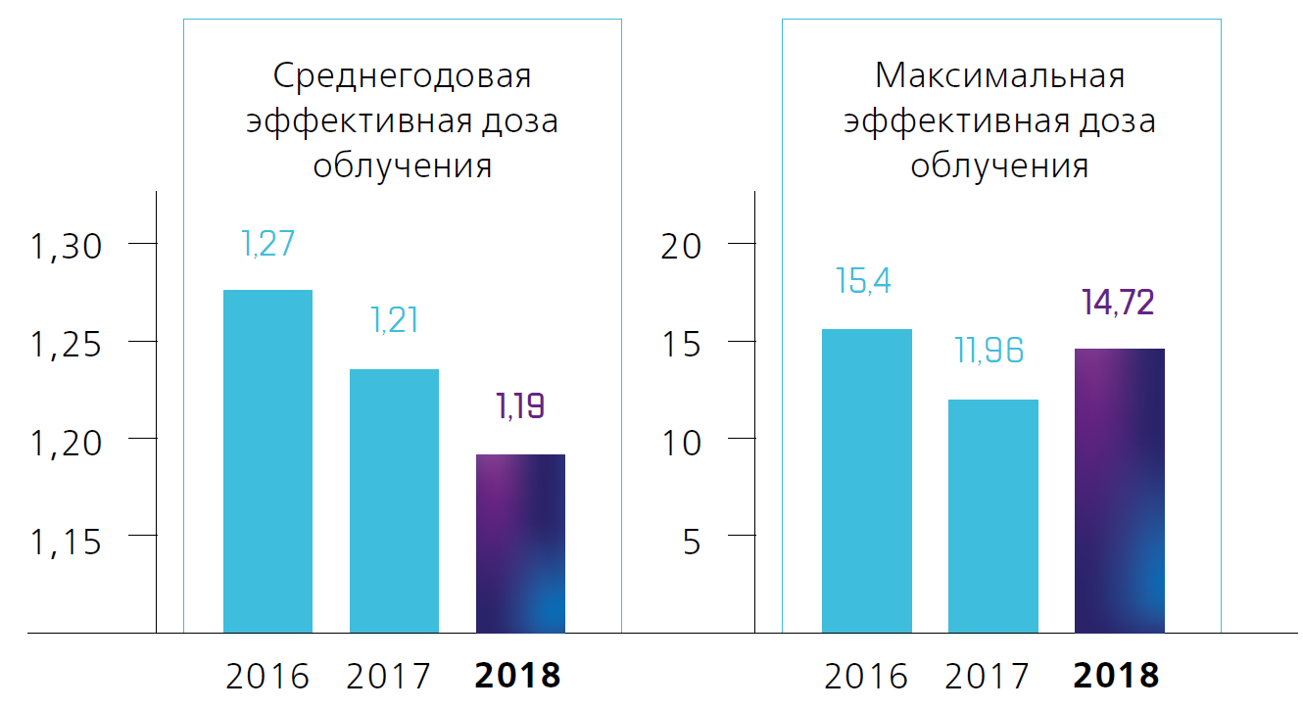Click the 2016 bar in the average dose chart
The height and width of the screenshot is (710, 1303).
tap(267, 460)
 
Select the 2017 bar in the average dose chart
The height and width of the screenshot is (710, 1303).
tap(394, 499)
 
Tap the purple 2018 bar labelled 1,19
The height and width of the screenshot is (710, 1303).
tap(520, 544)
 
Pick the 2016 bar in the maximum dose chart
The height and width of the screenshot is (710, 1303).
tap(866, 480)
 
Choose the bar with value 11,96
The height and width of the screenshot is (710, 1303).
tap(992, 515)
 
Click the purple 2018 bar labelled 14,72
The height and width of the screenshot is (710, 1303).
tap(1119, 490)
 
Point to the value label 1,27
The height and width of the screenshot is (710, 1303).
tap(267, 244)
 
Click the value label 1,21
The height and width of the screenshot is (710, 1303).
tap(394, 320)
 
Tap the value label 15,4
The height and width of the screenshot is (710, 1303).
tap(866, 281)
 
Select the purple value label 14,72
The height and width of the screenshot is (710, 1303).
tap(1118, 303)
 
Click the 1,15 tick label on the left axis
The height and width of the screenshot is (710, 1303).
tap(67, 542)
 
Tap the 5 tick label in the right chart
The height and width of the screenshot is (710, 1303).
tap(692, 542)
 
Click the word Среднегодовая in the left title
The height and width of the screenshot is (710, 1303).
tap(402, 77)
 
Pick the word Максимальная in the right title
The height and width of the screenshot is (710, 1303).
tap(999, 75)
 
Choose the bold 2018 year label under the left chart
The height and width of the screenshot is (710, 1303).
tap(518, 676)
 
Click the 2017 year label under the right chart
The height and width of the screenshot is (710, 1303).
tap(989, 676)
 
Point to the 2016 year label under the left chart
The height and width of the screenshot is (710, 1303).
tap(267, 676)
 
